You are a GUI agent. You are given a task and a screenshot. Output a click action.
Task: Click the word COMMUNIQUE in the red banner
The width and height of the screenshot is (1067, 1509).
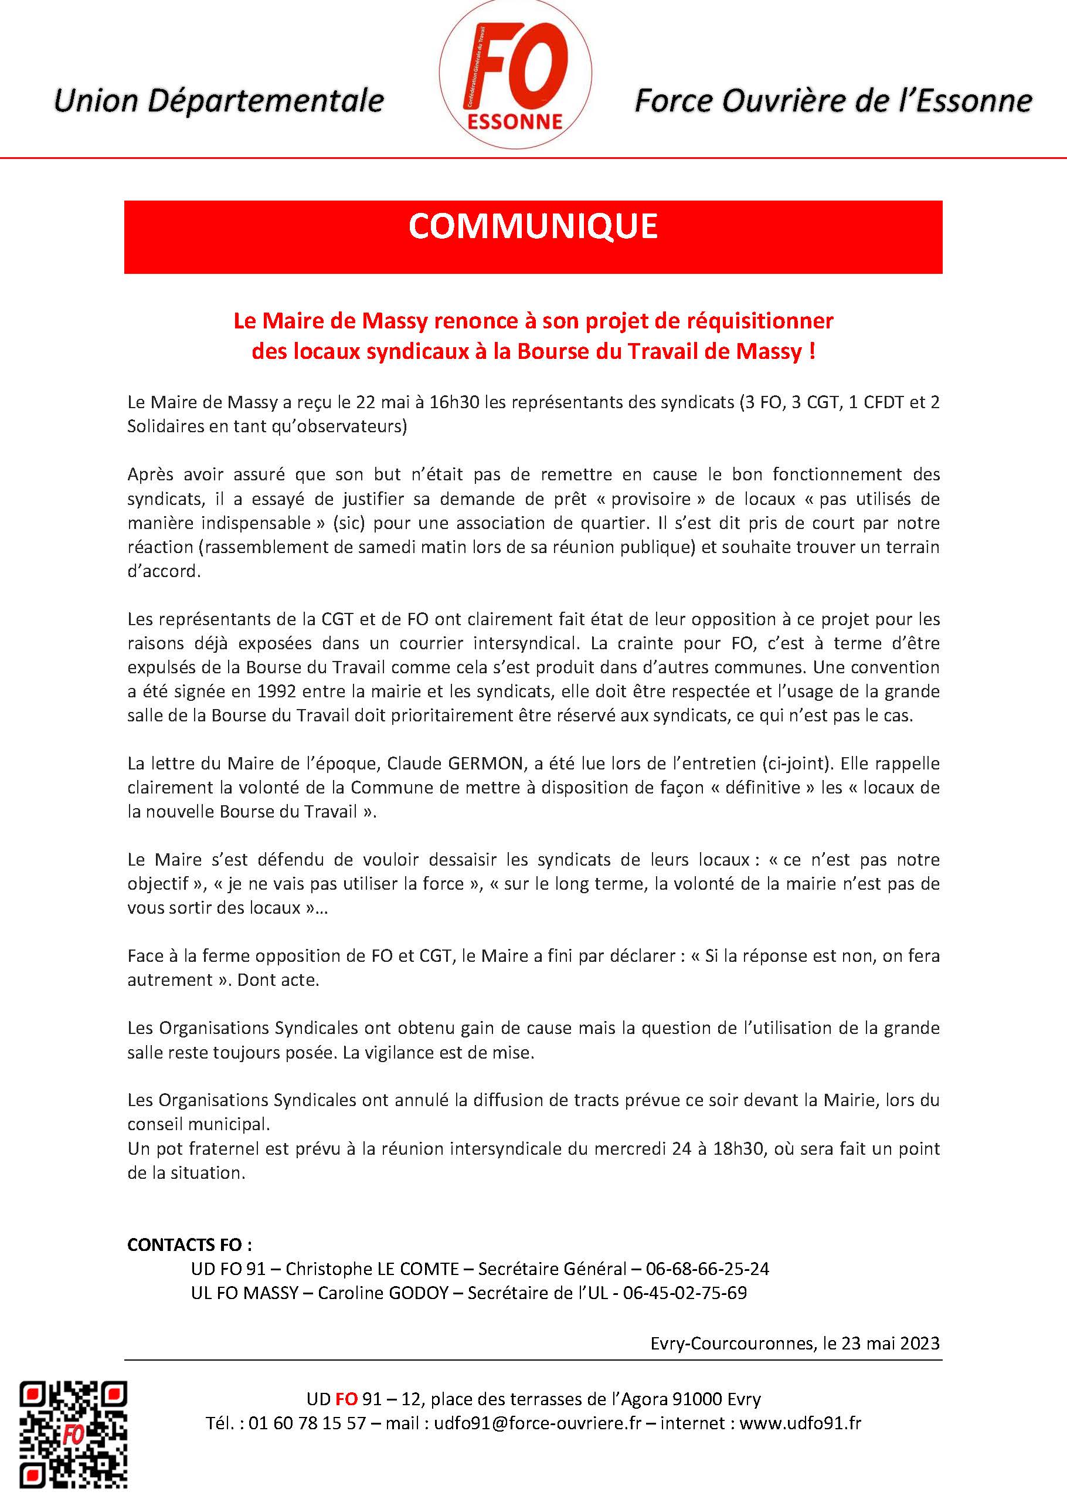pyautogui.click(x=533, y=227)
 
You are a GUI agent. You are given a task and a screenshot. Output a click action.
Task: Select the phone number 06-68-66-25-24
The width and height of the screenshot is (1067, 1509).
pyautogui.click(x=707, y=1269)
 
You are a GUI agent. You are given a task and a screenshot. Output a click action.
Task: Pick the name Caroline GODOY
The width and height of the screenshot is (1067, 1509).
pyautogui.click(x=383, y=1293)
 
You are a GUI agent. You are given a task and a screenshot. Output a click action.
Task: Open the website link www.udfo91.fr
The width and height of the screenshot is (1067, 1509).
pyautogui.click(x=800, y=1423)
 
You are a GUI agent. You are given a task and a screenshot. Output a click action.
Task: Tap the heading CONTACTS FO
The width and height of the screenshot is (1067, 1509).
pyautogui.click(x=189, y=1245)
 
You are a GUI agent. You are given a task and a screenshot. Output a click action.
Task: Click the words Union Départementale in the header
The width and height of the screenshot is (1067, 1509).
pyautogui.click(x=219, y=100)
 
